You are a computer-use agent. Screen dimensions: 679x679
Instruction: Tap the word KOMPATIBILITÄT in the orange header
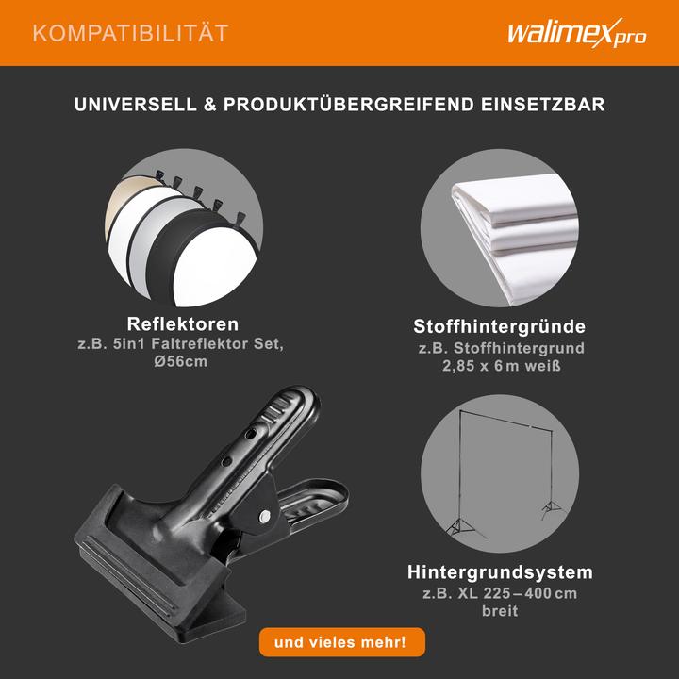(x=130, y=34)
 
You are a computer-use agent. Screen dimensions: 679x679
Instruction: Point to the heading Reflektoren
(x=182, y=324)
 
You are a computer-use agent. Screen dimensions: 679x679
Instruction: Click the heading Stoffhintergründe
(x=500, y=327)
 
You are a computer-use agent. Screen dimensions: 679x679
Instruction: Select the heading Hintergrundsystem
(x=500, y=572)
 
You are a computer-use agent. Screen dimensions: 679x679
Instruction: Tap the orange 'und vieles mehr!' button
(x=341, y=642)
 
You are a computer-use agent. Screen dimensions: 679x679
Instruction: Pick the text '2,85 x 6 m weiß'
(x=500, y=366)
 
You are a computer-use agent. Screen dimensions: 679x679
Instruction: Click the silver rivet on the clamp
(x=266, y=516)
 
